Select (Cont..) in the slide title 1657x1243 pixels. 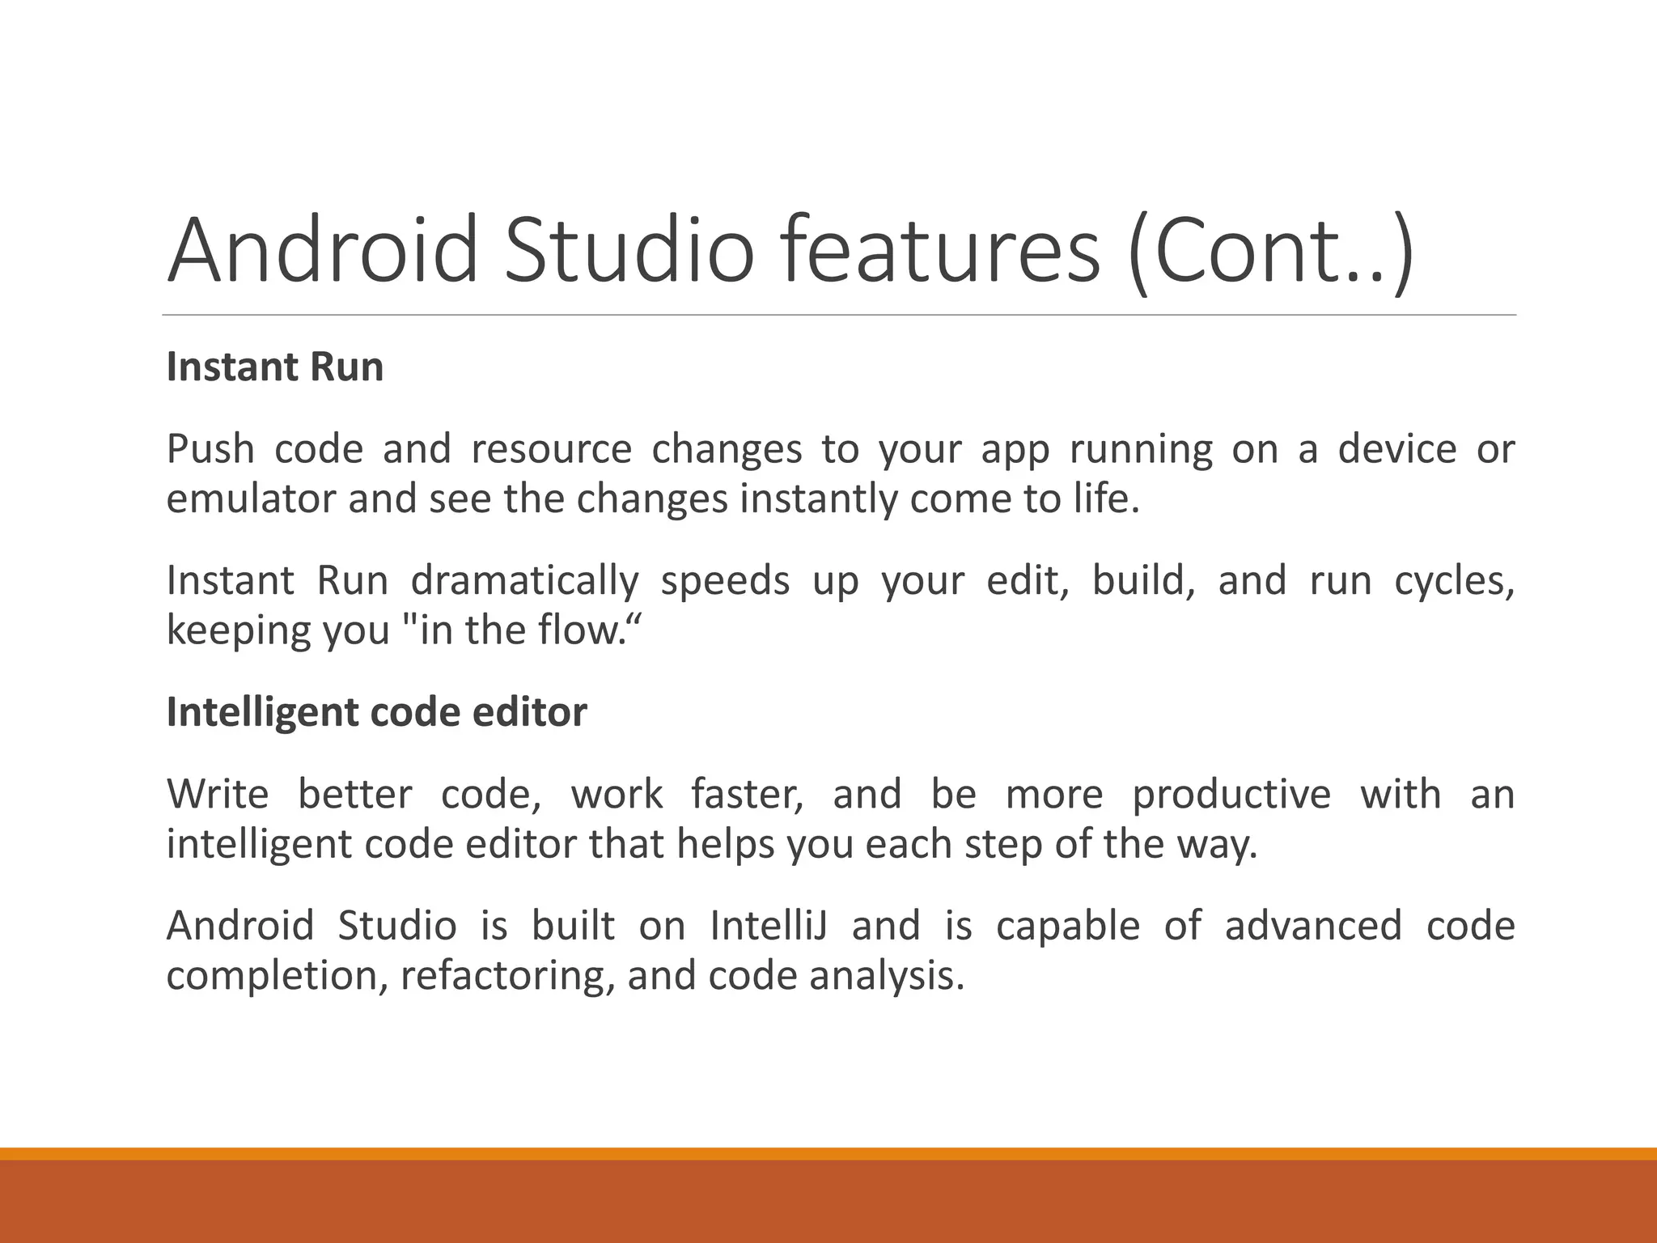click(1270, 249)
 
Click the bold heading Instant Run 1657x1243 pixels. click(275, 367)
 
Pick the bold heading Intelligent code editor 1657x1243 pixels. click(376, 712)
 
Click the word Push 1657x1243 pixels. click(210, 449)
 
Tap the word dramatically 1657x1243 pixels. click(525, 581)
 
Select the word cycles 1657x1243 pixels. click(1453, 581)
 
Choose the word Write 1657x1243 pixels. click(218, 794)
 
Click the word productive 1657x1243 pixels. click(1231, 794)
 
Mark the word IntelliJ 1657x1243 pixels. click(769, 926)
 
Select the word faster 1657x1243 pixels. click(747, 794)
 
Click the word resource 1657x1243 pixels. click(551, 449)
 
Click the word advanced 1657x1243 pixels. click(1312, 926)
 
